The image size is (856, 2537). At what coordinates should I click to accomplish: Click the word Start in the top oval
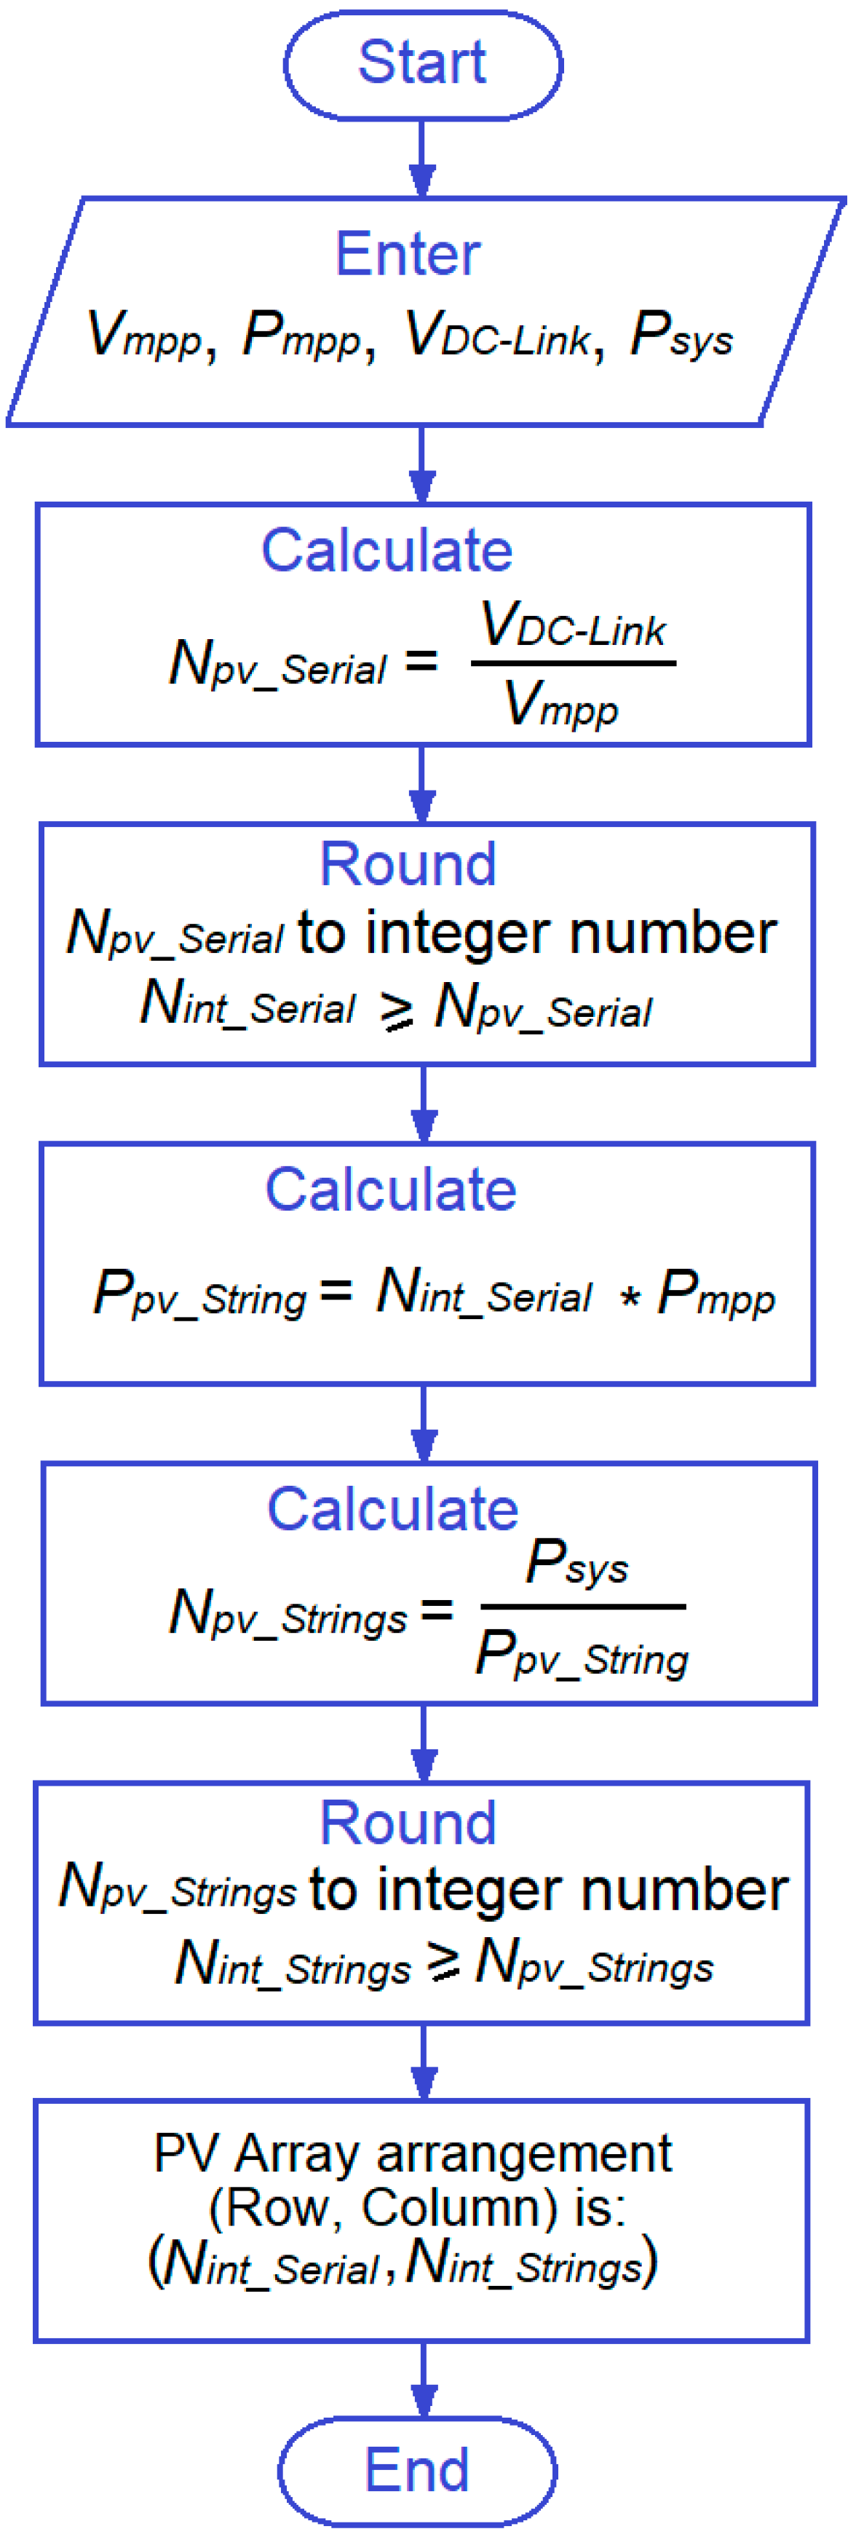(421, 63)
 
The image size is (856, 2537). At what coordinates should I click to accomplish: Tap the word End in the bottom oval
(416, 2469)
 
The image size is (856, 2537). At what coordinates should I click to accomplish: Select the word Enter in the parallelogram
(408, 254)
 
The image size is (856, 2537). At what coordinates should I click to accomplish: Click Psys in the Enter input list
(681, 335)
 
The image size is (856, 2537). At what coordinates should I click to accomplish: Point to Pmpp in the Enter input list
(301, 335)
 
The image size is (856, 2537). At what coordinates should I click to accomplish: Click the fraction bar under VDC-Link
(574, 662)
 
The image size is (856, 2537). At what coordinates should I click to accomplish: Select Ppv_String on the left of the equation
(200, 1292)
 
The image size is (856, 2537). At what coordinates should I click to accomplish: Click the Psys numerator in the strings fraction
(577, 1562)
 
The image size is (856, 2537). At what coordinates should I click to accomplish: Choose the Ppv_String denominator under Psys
(581, 1653)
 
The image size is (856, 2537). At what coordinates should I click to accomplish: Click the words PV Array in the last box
(259, 2155)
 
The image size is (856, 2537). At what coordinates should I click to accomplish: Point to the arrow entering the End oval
(424, 2380)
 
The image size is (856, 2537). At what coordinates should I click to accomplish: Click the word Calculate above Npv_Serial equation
(387, 550)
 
